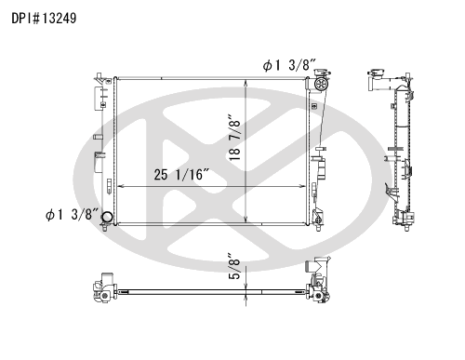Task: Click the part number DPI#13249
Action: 44,19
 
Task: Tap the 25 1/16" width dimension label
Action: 182,175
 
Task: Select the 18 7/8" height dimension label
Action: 234,138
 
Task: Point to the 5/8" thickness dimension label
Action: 234,267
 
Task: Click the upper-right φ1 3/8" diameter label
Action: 289,65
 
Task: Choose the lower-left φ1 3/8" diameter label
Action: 72,214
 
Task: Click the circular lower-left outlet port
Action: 108,217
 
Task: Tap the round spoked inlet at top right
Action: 320,84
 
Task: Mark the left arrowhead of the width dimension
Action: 121,186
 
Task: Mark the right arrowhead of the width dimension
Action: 303,186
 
